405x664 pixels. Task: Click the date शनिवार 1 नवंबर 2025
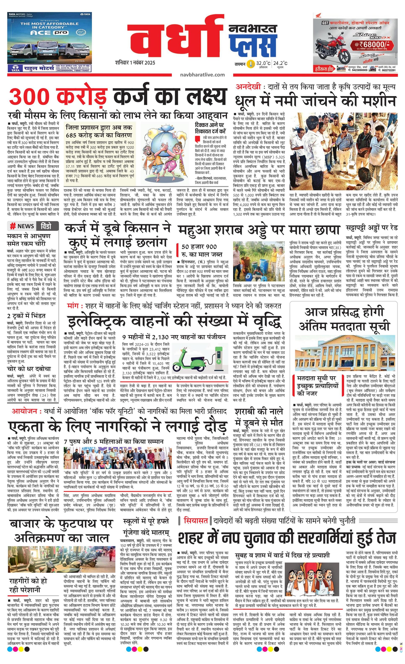tap(135, 63)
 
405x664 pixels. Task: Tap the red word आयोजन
tap(24, 411)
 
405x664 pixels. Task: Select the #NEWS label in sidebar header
tap(22, 226)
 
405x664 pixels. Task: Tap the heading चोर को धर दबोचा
tap(29, 368)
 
